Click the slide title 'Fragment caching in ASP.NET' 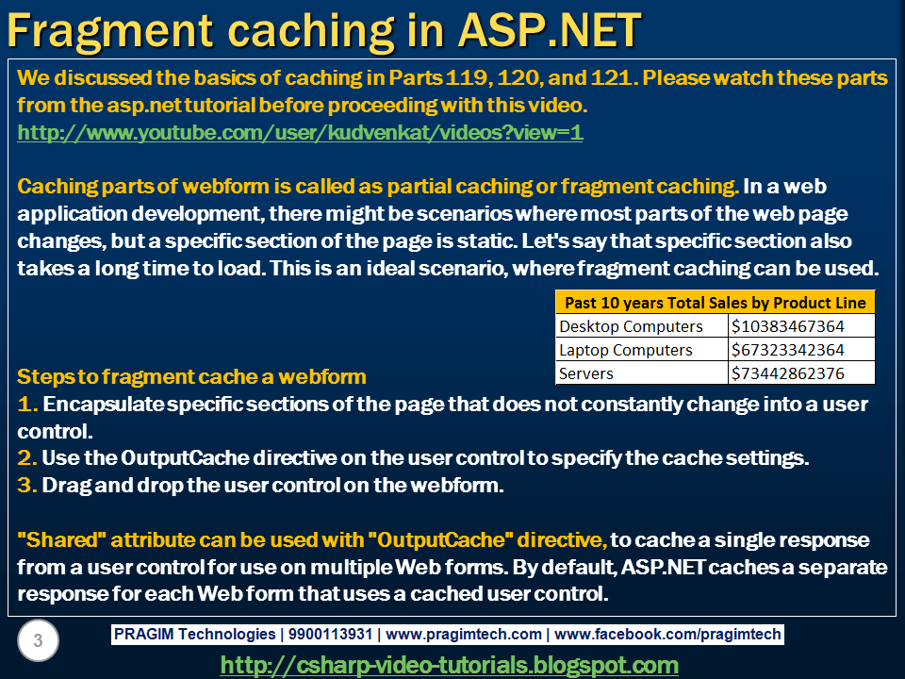[324, 30]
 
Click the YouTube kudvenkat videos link [300, 133]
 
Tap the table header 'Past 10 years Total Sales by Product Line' [715, 303]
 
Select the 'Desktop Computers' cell [631, 326]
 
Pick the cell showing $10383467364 [788, 326]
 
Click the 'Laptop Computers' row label [626, 350]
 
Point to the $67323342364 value [788, 350]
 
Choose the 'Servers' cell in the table [586, 373]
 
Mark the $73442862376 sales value [788, 373]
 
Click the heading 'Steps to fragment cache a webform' [191, 377]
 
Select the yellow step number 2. [26, 459]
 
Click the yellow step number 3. [26, 487]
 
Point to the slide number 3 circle [38, 642]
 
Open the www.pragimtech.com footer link [464, 635]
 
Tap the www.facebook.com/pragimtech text [668, 635]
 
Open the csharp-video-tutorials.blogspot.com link [450, 665]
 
